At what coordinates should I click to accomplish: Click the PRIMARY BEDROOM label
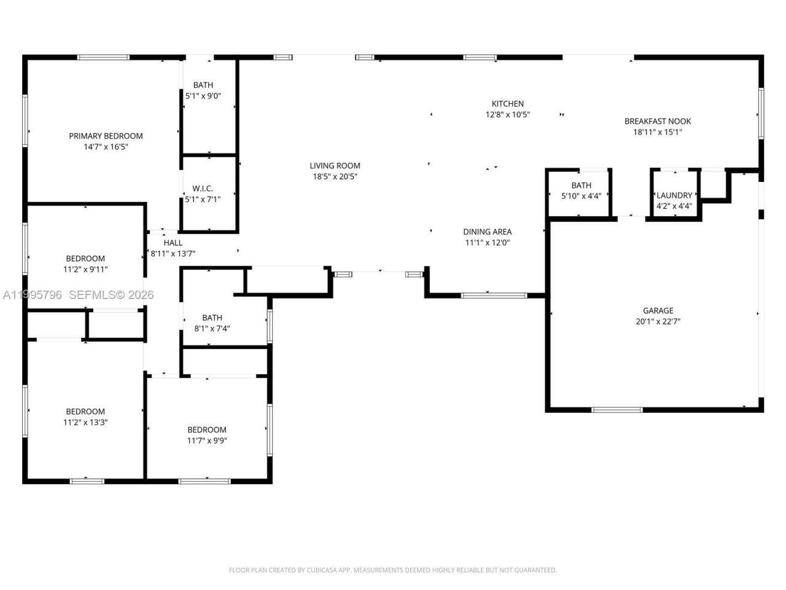(106, 136)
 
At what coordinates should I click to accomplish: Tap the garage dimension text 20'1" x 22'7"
(658, 321)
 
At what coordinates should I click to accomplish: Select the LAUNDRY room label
(674, 195)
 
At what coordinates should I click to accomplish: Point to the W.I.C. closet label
(203, 189)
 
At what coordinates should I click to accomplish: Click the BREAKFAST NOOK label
(658, 121)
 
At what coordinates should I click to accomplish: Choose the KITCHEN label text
(507, 104)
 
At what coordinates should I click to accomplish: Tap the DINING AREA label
(487, 232)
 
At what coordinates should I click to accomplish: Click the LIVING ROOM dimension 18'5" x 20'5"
(335, 176)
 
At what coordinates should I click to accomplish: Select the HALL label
(173, 243)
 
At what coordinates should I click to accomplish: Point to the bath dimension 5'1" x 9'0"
(203, 96)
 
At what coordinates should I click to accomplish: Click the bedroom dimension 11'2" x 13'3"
(85, 422)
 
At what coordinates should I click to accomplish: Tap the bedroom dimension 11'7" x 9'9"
(207, 441)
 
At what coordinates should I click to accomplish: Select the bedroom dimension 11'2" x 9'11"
(85, 269)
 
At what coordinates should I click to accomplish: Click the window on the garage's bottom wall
(617, 409)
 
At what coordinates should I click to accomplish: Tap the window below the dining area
(494, 296)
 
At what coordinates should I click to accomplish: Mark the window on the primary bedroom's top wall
(103, 57)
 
